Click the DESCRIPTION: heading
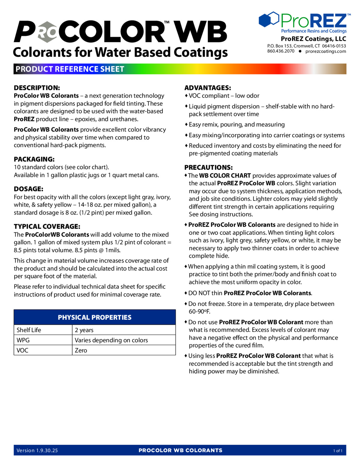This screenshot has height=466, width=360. [37, 88]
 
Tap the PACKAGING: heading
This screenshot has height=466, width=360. [34, 159]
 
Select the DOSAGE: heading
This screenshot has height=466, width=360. [28, 189]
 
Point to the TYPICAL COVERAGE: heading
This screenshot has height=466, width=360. [47, 227]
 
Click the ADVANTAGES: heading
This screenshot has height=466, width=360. [208, 88]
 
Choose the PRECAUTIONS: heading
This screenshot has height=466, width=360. [208, 167]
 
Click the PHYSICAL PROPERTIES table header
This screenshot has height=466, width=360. [94, 317]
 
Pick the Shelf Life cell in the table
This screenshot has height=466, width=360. [29, 330]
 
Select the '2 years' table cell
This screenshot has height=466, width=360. [84, 330]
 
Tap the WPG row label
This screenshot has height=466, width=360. [23, 340]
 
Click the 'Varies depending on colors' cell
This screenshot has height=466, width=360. [111, 340]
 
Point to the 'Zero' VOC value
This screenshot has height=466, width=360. [81, 350]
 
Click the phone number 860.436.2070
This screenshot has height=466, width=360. [281, 51]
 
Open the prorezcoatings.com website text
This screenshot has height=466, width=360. [325, 51]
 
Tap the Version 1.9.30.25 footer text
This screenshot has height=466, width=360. [37, 450]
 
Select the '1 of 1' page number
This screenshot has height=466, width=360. [338, 451]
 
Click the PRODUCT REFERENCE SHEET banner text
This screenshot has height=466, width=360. [70, 69]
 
